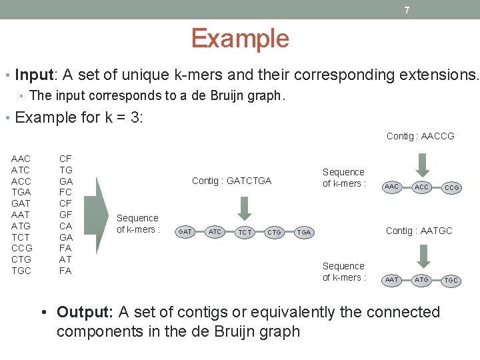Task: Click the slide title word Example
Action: click(240, 39)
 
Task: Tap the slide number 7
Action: click(407, 10)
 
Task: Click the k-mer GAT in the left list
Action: click(21, 203)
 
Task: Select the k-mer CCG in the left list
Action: click(21, 248)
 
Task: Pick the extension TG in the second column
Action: click(66, 169)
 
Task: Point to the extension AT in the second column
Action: click(66, 259)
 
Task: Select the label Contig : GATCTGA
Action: click(231, 181)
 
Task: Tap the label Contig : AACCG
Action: click(420, 136)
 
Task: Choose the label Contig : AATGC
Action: click(419, 231)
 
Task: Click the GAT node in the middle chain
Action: click(185, 231)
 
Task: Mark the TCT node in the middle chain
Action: click(245, 232)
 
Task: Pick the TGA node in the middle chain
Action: click(303, 232)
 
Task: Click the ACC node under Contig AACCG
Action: click(421, 187)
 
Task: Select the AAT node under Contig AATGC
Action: click(392, 280)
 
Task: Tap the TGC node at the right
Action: click(451, 281)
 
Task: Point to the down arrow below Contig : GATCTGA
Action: click(245, 206)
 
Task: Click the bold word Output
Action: click(84, 312)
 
